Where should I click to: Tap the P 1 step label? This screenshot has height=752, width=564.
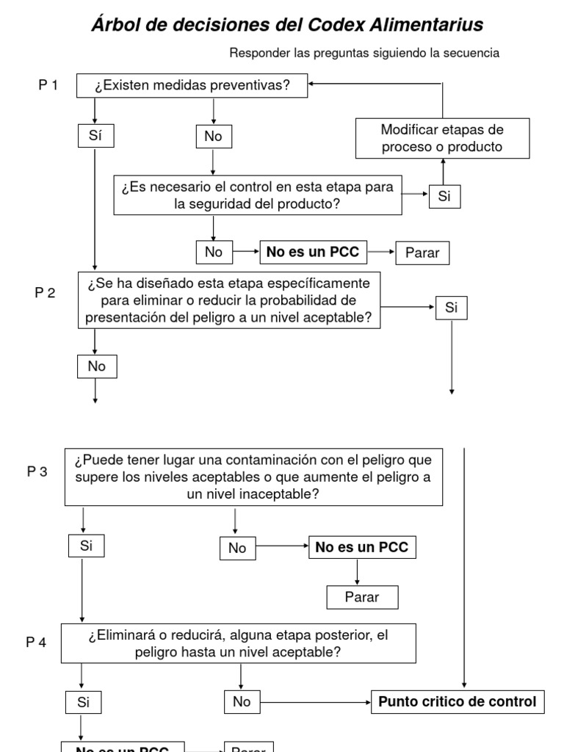(48, 85)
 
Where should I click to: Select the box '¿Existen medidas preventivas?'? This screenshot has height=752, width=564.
(192, 86)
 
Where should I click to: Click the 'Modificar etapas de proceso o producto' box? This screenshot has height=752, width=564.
(442, 138)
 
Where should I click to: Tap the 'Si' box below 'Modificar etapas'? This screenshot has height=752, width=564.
(444, 196)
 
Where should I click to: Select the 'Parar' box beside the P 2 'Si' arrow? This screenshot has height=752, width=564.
(422, 253)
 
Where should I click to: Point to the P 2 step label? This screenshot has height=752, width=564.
(46, 292)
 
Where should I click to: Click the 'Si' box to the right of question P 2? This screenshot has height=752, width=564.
(451, 308)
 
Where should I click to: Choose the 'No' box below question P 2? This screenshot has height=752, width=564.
(96, 366)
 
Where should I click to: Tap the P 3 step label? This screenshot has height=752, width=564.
(37, 471)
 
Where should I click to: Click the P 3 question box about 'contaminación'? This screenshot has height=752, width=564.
(253, 477)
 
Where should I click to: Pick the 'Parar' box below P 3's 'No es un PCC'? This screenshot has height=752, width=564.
(362, 597)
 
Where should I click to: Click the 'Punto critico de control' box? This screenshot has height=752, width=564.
(457, 701)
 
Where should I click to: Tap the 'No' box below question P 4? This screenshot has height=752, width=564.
(242, 702)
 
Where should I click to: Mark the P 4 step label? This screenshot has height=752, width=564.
(37, 643)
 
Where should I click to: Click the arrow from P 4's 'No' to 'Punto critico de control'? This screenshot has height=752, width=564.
(316, 702)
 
